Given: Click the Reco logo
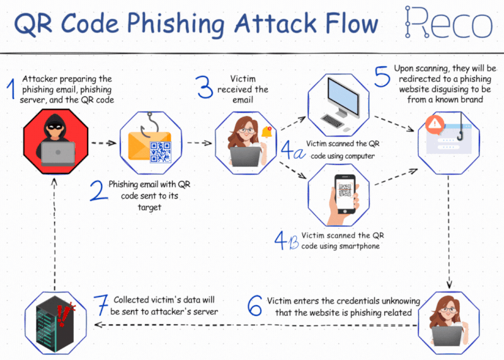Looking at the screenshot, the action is point(449,22).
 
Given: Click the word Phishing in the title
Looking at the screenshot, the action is point(176,24).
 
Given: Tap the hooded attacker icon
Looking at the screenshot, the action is point(55,141).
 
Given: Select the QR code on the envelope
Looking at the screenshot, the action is point(160,152).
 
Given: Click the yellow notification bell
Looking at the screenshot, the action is point(266,132).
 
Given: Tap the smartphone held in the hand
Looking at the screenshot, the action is point(345,194).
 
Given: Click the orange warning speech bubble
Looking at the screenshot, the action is point(435,124).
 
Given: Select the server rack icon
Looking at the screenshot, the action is point(55,323).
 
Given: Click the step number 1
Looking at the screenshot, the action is point(11,88).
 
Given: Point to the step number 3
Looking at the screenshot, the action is point(204,86).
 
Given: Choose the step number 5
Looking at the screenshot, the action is point(382,76).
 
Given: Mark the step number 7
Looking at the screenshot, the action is point(101,305).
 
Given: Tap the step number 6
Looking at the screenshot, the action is point(255,305).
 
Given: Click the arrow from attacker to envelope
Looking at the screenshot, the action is point(104,143).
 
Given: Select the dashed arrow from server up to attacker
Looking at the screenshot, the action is point(55,235).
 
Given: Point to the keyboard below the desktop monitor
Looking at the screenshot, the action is point(332,120).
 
